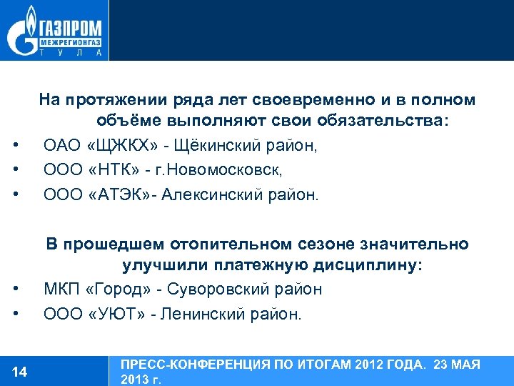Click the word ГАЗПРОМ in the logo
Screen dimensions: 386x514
coord(69,29)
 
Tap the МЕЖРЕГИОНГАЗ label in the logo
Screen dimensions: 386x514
coord(69,43)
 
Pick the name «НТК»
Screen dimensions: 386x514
coord(116,171)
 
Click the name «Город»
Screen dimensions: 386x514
coord(111,289)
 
